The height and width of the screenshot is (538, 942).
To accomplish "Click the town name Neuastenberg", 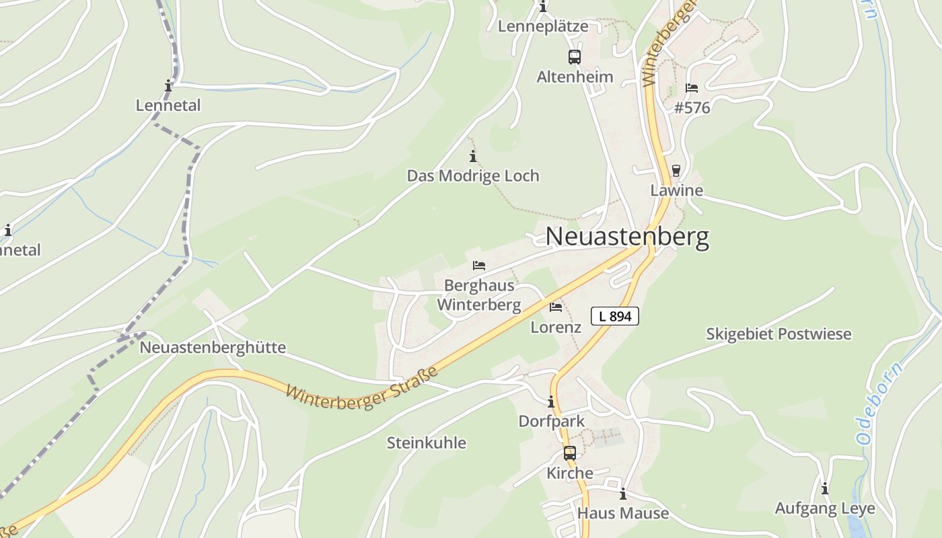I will tap(626, 237).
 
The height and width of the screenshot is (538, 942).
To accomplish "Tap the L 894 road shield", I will tap(614, 316).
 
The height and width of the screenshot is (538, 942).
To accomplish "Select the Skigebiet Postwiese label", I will tap(778, 334).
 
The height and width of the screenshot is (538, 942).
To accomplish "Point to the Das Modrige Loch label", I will tap(473, 176).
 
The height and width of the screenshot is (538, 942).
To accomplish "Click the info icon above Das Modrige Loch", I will tap(473, 157).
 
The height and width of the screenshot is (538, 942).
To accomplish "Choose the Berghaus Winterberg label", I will tap(479, 295).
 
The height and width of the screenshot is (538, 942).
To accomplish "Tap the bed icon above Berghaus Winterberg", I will tap(479, 266).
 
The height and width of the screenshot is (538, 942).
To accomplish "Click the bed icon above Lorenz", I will tap(556, 307).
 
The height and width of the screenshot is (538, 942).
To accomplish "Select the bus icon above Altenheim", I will tap(574, 57).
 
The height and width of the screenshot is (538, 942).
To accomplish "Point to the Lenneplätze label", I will tap(543, 27).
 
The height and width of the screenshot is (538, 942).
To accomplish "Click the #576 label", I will tap(692, 108).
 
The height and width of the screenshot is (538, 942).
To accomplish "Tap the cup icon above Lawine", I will tap(676, 171).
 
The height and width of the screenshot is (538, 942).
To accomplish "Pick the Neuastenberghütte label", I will tap(213, 348).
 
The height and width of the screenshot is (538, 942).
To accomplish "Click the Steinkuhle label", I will tap(426, 443).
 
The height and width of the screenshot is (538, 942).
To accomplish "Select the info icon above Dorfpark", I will tap(551, 402).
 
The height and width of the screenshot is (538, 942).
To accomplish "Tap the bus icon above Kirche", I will tap(569, 453).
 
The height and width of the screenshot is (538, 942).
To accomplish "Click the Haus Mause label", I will tap(623, 514).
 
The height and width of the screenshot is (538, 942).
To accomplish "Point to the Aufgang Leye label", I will tap(825, 508).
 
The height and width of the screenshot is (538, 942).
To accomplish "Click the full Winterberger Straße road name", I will tap(362, 386).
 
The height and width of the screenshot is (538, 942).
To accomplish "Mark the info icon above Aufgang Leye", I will tap(825, 489).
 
